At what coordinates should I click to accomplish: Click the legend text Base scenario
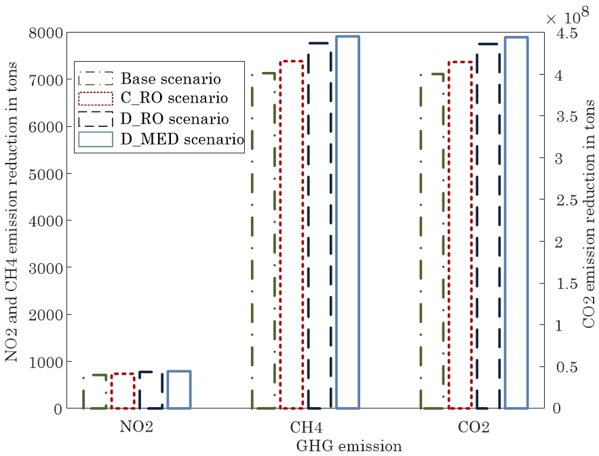coord(171,79)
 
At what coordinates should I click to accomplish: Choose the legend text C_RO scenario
coord(174,98)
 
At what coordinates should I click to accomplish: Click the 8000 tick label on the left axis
coord(45,33)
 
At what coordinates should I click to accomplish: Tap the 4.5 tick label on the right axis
coord(567,33)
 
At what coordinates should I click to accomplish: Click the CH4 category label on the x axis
coord(306,427)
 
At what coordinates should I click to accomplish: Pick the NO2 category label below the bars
coord(136,427)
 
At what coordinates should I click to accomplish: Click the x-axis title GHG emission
coord(349,446)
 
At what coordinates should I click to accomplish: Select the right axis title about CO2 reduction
coord(589,214)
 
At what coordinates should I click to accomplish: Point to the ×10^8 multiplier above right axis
coord(567,16)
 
